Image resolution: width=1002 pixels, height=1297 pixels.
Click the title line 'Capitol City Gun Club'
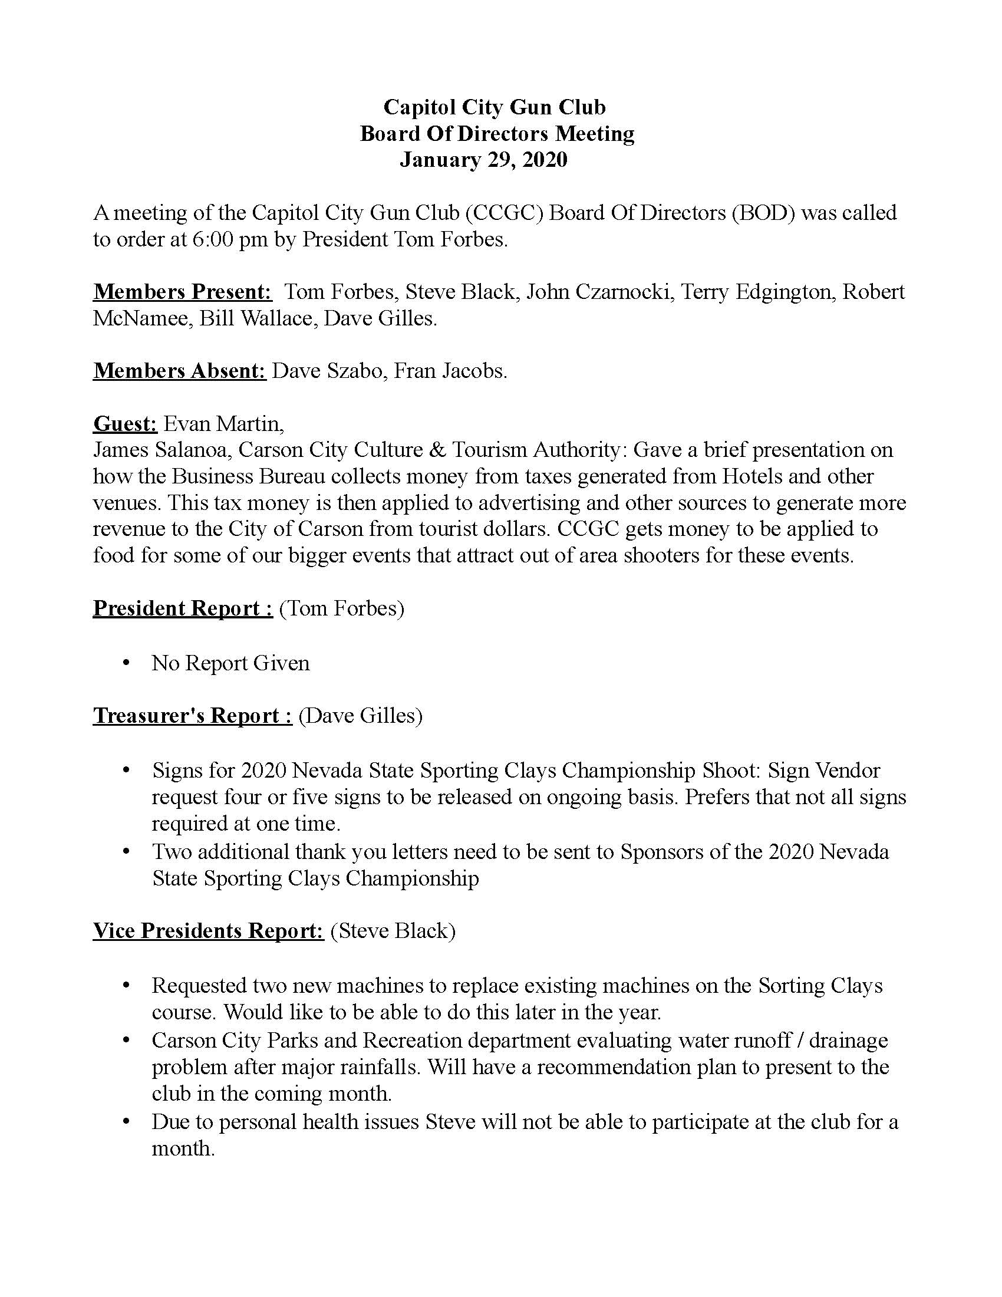(x=495, y=107)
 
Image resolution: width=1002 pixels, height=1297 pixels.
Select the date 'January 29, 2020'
(x=483, y=160)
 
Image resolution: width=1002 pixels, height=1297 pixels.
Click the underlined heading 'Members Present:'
(x=182, y=292)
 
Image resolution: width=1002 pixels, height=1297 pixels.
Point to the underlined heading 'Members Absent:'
(x=179, y=371)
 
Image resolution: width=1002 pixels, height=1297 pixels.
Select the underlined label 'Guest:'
(x=124, y=424)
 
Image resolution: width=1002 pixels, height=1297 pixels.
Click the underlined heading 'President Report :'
(x=183, y=609)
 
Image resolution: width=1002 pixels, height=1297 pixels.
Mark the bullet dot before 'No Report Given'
(x=126, y=663)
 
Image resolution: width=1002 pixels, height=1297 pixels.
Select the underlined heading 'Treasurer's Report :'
(x=192, y=716)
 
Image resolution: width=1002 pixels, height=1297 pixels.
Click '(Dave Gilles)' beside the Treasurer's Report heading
(x=360, y=716)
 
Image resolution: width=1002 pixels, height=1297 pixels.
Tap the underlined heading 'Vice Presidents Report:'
(x=207, y=930)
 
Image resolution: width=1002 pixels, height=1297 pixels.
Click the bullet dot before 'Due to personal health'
(x=126, y=1122)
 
